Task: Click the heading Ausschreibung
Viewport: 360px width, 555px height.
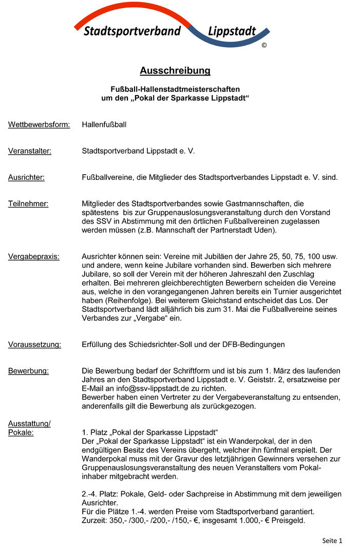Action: (x=175, y=70)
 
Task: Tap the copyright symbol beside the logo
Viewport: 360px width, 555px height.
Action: (x=264, y=45)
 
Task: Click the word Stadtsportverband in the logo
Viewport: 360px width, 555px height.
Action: (x=132, y=31)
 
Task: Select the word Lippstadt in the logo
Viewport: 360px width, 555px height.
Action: (x=232, y=31)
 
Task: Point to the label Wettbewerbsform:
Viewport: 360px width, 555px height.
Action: (x=39, y=124)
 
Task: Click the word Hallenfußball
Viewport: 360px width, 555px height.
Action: (x=104, y=124)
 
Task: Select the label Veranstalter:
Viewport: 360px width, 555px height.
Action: (x=30, y=151)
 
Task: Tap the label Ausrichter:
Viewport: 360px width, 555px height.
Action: (x=26, y=177)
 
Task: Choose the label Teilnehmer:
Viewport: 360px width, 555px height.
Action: (x=28, y=203)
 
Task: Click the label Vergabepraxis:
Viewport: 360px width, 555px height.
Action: (x=33, y=256)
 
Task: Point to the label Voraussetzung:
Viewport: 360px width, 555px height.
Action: (x=34, y=344)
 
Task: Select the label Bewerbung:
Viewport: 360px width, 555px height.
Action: (x=28, y=371)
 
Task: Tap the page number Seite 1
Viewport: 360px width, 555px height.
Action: (x=332, y=541)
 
